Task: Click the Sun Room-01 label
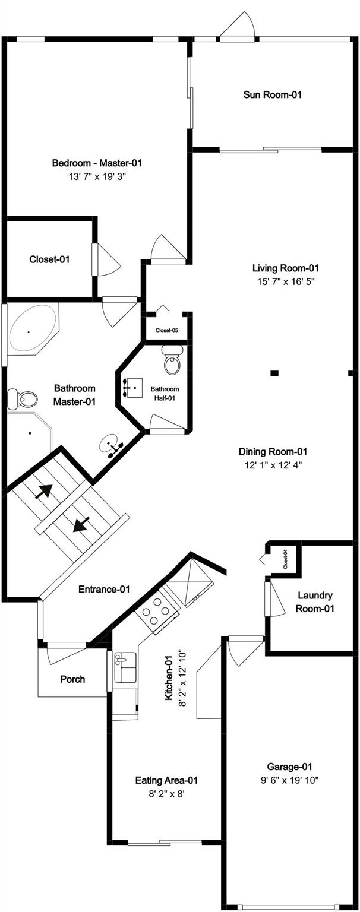click(273, 95)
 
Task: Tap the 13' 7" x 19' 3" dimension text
click(97, 177)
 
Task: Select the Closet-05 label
click(166, 330)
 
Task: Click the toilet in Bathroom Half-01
click(172, 360)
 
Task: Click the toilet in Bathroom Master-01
click(23, 399)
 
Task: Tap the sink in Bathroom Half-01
click(134, 387)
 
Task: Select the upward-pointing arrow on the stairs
click(43, 492)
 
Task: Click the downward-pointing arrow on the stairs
click(81, 524)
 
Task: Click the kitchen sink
click(126, 667)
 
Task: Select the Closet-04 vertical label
click(286, 559)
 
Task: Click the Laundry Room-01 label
click(315, 601)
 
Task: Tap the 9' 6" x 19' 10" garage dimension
click(289, 780)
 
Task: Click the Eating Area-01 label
click(166, 780)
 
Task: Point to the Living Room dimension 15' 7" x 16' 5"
click(286, 281)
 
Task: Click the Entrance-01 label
click(104, 589)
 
